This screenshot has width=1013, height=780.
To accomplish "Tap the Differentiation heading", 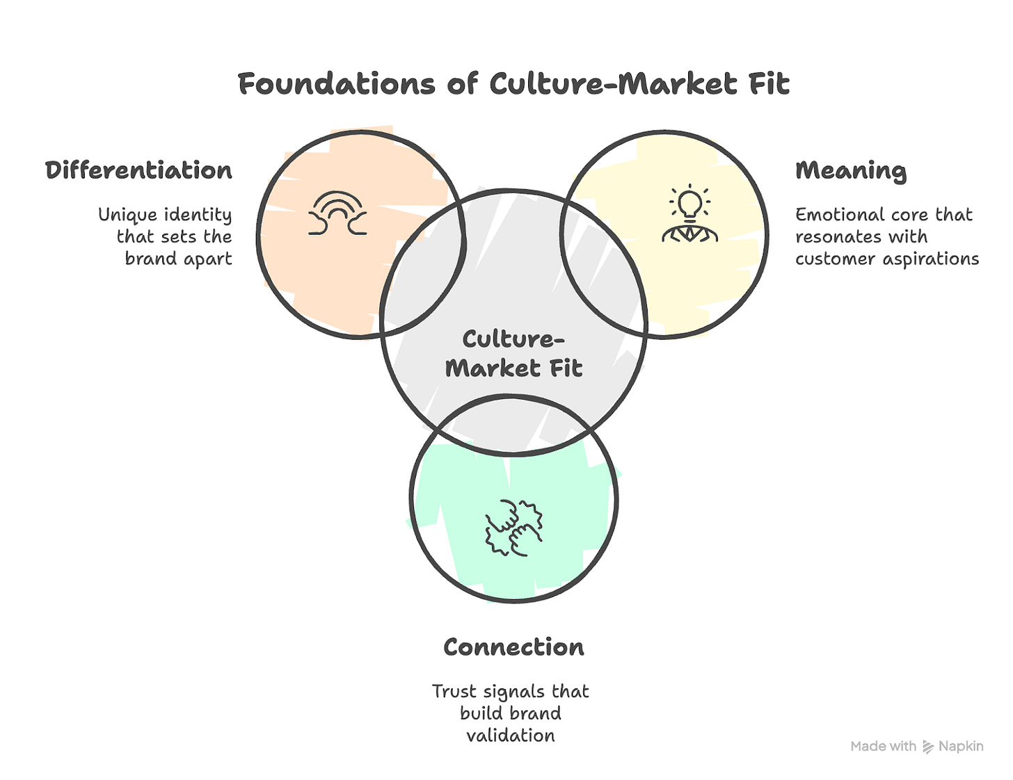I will (138, 170).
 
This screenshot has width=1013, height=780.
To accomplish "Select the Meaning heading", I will (850, 171).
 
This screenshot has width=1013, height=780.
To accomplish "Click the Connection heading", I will (513, 647).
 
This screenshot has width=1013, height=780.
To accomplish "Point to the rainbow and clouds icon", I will (337, 213).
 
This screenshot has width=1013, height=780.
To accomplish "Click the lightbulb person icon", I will (689, 215).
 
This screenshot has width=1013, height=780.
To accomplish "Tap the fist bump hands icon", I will (513, 527).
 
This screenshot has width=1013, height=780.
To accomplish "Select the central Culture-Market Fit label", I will (513, 353).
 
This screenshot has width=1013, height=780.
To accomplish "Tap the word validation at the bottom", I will (511, 736).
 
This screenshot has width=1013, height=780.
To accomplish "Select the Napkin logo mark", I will (927, 747).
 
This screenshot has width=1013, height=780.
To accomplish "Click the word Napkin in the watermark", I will (961, 747).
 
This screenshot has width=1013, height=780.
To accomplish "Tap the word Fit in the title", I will (769, 84).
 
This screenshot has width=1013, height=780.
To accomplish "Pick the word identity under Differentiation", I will (198, 215).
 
